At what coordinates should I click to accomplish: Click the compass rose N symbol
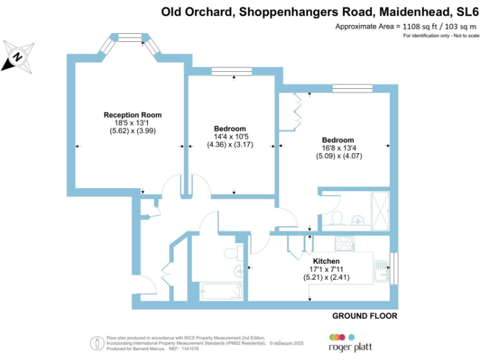tap(18, 57)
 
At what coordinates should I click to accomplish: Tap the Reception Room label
tap(132, 115)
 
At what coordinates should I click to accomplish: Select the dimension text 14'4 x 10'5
tap(231, 137)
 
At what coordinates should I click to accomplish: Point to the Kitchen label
tap(326, 261)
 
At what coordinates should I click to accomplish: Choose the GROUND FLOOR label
tap(364, 316)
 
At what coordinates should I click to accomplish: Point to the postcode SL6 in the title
tap(465, 11)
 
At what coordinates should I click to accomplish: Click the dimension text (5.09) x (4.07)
tap(339, 156)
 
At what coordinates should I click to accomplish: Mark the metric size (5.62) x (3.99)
tap(132, 131)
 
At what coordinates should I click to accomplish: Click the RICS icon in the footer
tap(97, 342)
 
